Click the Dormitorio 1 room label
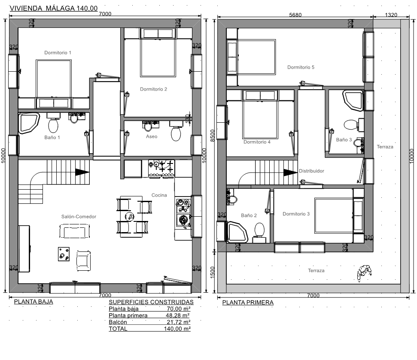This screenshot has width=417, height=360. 58,53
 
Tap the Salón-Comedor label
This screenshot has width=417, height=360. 79,217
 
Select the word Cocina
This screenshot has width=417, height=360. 159,195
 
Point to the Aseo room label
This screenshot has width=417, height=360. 152,136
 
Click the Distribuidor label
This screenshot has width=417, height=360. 311,171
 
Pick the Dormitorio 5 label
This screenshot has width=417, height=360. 301,67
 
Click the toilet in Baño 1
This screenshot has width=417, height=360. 53,125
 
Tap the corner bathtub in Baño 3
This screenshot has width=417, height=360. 353,100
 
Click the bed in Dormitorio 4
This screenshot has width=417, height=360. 260,114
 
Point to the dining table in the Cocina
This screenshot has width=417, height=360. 131,217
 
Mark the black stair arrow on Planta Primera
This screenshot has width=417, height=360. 290,172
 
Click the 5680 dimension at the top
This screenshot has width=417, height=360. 295,15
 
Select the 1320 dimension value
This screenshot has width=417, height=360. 391,15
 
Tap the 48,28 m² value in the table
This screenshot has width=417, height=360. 177,315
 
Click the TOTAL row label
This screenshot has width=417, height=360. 118,329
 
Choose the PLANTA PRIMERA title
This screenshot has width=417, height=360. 248,303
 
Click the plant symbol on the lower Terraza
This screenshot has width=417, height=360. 364,273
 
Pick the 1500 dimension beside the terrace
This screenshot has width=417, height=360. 213,272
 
